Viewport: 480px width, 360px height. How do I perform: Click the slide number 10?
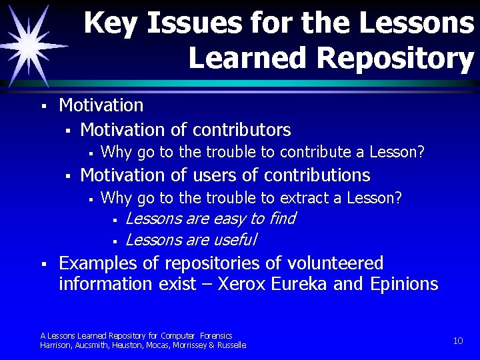click(x=458, y=341)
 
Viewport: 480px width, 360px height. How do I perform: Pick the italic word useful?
click(x=233, y=239)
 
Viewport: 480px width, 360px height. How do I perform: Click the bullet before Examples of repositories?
click(x=42, y=265)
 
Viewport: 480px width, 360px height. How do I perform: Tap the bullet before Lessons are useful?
click(x=115, y=241)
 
